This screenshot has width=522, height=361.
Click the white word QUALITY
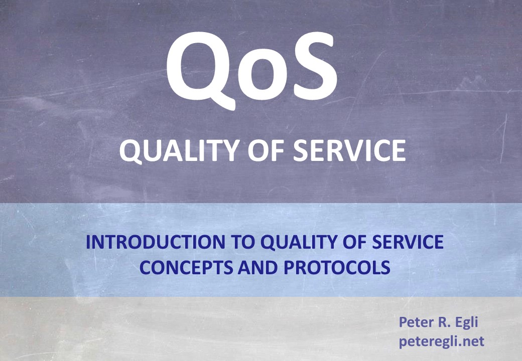(x=179, y=150)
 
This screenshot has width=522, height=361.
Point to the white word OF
(x=266, y=150)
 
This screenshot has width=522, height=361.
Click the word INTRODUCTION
(x=155, y=242)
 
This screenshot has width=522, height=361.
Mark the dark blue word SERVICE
(x=407, y=242)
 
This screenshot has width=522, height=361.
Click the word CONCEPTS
(x=186, y=267)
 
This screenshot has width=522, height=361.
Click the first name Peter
(x=415, y=322)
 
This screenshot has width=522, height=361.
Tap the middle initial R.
(x=440, y=322)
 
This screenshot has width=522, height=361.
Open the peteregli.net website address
(x=441, y=342)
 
